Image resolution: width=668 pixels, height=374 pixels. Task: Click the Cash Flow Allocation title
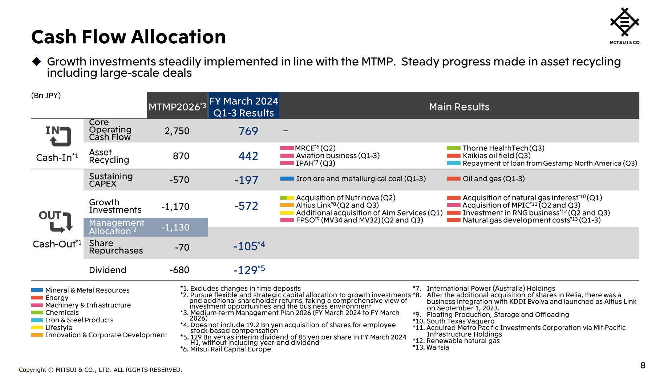pyautogui.click(x=129, y=37)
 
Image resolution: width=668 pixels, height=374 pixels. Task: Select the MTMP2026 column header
pyautogui.click(x=177, y=107)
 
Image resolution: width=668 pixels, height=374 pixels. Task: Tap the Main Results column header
pyautogui.click(x=459, y=107)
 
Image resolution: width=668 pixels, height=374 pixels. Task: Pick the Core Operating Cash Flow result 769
pyautogui.click(x=248, y=131)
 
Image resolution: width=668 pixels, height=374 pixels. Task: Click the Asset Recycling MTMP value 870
pyautogui.click(x=181, y=156)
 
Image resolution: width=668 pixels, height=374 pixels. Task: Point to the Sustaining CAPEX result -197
pyautogui.click(x=246, y=180)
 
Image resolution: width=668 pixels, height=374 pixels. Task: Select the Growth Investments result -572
pyautogui.click(x=246, y=206)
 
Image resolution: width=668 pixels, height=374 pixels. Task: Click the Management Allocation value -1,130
pyautogui.click(x=175, y=228)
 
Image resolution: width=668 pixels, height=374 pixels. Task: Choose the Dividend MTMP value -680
pyautogui.click(x=179, y=270)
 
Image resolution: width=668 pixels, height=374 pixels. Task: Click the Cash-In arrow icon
pyautogui.click(x=58, y=136)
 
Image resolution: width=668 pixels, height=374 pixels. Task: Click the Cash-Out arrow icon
pyautogui.click(x=56, y=221)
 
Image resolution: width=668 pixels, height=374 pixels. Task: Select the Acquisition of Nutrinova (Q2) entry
pyautogui.click(x=345, y=198)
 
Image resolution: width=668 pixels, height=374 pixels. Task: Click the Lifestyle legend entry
pyautogui.click(x=58, y=328)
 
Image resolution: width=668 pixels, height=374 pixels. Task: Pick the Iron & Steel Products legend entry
pyautogui.click(x=79, y=320)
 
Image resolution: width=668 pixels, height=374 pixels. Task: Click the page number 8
pyautogui.click(x=643, y=365)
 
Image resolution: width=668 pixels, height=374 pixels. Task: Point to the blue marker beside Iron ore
pyautogui.click(x=287, y=179)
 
